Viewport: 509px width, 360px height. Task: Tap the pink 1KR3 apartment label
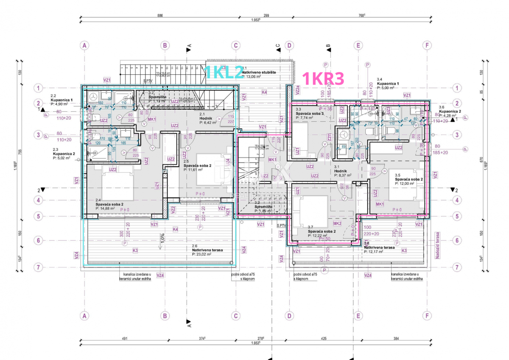tap(322, 79)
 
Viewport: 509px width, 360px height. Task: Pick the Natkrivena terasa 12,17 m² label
tap(379, 249)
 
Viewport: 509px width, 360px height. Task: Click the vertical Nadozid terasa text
tap(436, 246)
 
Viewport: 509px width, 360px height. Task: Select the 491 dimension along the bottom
tap(125, 339)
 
